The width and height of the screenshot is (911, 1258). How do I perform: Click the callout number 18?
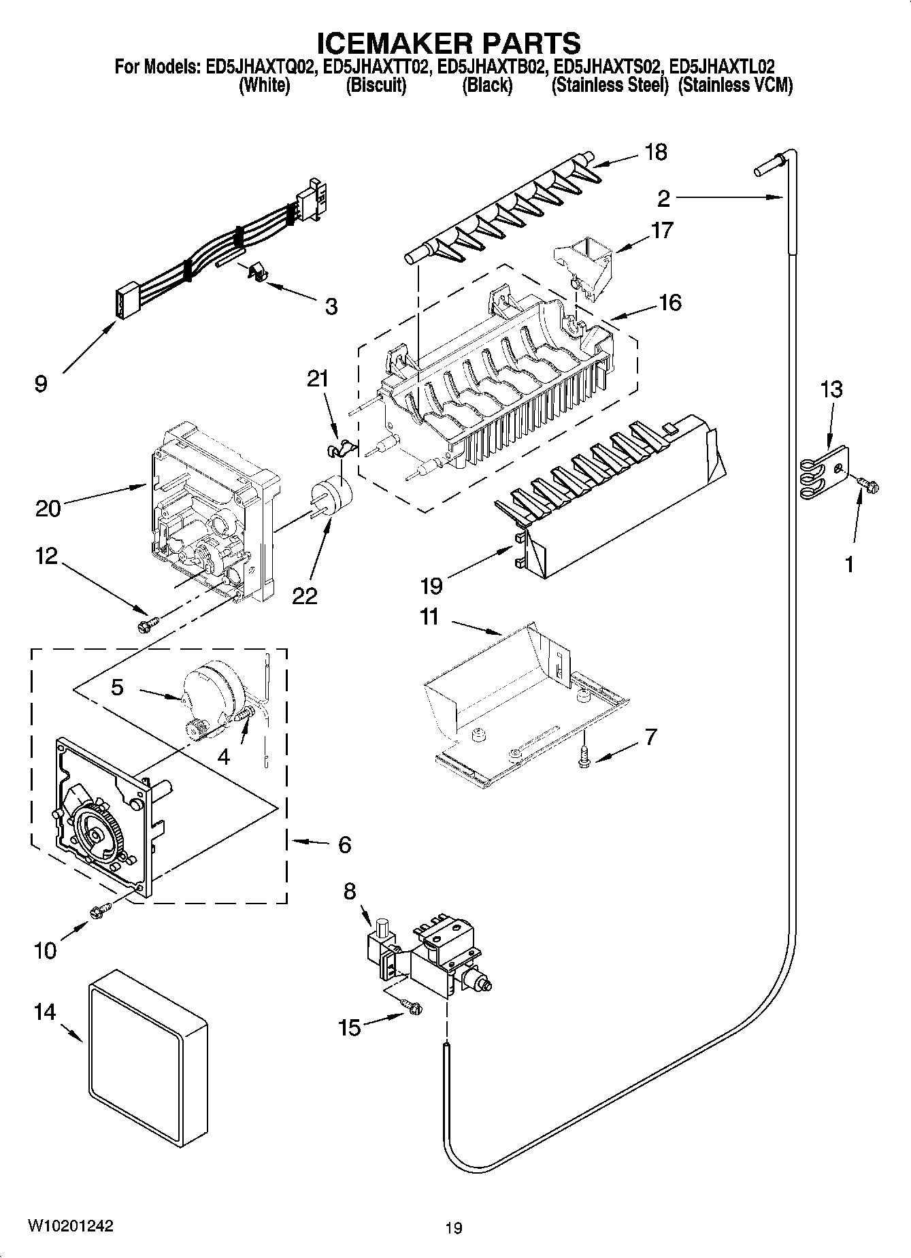655,152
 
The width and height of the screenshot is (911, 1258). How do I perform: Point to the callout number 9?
41,384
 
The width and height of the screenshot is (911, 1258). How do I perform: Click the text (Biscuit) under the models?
376,86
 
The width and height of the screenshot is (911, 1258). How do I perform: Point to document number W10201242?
70,1225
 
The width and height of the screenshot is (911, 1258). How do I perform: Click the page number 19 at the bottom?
454,1228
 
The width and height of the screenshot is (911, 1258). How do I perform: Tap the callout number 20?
48,508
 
